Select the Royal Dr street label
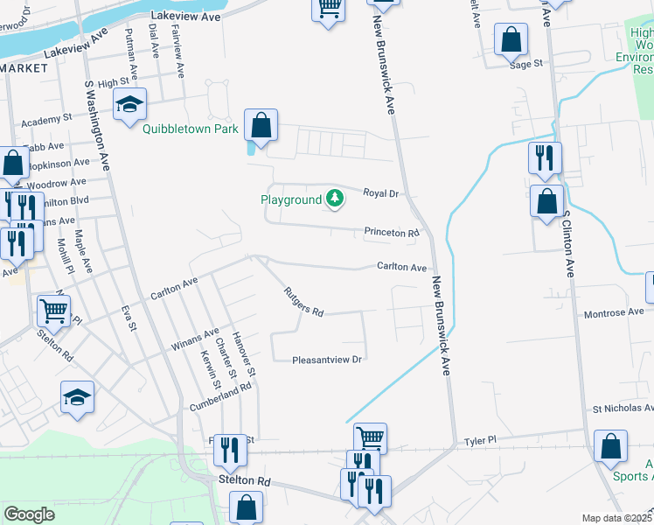click(380, 192)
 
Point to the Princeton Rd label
click(392, 234)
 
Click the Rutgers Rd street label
click(303, 302)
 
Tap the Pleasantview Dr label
click(327, 359)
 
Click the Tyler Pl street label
click(480, 441)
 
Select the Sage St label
click(526, 63)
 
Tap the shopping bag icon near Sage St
click(511, 40)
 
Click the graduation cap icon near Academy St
click(129, 105)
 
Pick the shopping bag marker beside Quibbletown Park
click(261, 126)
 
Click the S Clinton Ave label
click(568, 243)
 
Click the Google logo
click(30, 514)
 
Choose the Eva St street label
click(131, 317)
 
